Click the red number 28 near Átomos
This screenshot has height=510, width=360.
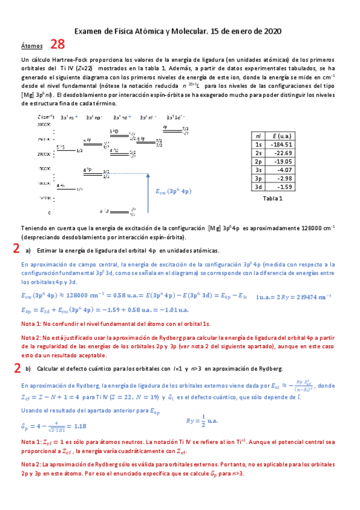point(58,44)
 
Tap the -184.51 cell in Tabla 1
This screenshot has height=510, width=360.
point(281,144)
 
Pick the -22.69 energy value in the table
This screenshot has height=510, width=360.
point(281,153)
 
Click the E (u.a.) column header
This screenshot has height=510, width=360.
point(281,136)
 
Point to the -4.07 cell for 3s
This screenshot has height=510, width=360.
point(281,170)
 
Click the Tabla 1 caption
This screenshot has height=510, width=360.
point(273,198)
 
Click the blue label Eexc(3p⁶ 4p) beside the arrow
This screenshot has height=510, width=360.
point(173,191)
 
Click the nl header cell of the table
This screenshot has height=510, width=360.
point(258,136)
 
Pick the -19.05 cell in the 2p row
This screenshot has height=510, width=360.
point(281,161)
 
